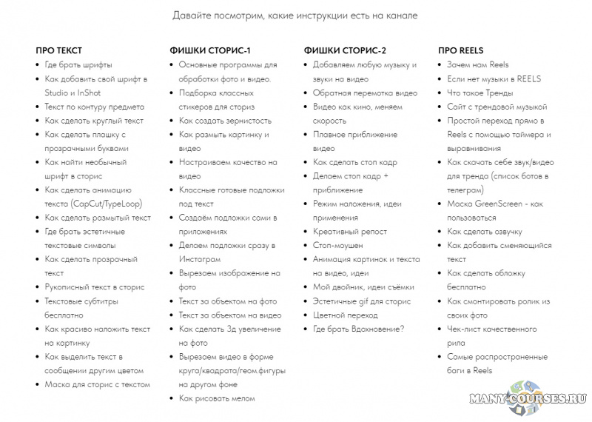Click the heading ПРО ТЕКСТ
tap(59, 50)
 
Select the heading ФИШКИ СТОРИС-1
tap(211, 50)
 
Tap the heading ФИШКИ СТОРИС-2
tap(345, 50)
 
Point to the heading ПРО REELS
tap(460, 50)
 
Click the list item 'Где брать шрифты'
tap(78, 64)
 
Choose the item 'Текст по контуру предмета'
tap(94, 107)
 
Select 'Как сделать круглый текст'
tap(94, 121)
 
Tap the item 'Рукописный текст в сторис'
tap(94, 287)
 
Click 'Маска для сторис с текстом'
tap(97, 384)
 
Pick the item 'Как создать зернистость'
tap(225, 121)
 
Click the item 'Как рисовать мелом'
tap(216, 398)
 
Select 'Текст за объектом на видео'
tap(229, 315)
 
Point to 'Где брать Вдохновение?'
tap(359, 329)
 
